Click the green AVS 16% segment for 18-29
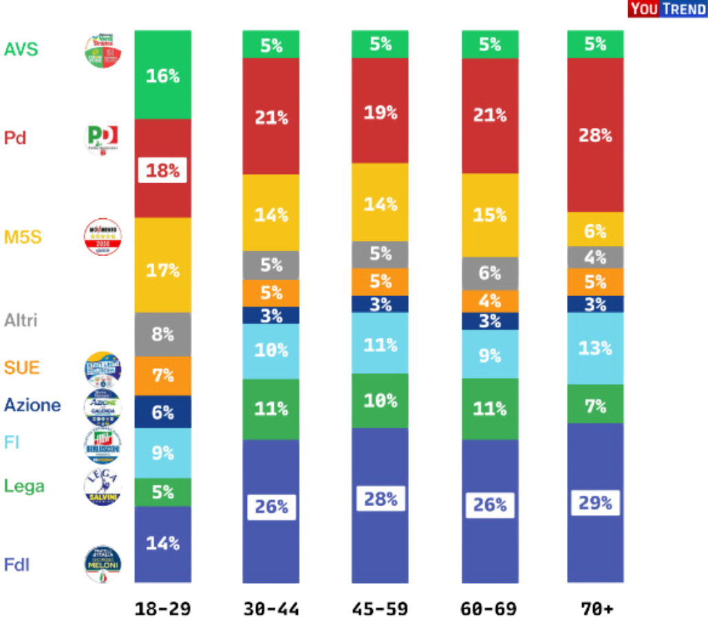pyautogui.click(x=162, y=75)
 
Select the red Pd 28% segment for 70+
pyautogui.click(x=594, y=135)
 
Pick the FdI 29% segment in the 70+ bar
pyautogui.click(x=594, y=503)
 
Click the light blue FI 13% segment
pyautogui.click(x=594, y=348)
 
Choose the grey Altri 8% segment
pyautogui.click(x=162, y=335)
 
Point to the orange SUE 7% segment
pyautogui.click(x=162, y=376)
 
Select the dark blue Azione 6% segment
pyautogui.click(x=162, y=412)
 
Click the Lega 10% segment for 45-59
pyautogui.click(x=380, y=401)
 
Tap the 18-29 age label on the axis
pyautogui.click(x=162, y=609)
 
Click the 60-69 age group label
pyautogui.click(x=489, y=609)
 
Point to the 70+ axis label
pyautogui.click(x=594, y=609)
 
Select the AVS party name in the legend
pyautogui.click(x=21, y=50)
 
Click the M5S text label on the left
pyautogui.click(x=23, y=238)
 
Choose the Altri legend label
pyautogui.click(x=21, y=320)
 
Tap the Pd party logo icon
pyautogui.click(x=102, y=138)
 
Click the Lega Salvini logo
pyautogui.click(x=103, y=486)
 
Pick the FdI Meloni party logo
pyautogui.click(x=103, y=565)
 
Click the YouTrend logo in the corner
pyautogui.click(x=667, y=9)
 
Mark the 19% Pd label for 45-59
pyautogui.click(x=380, y=112)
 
